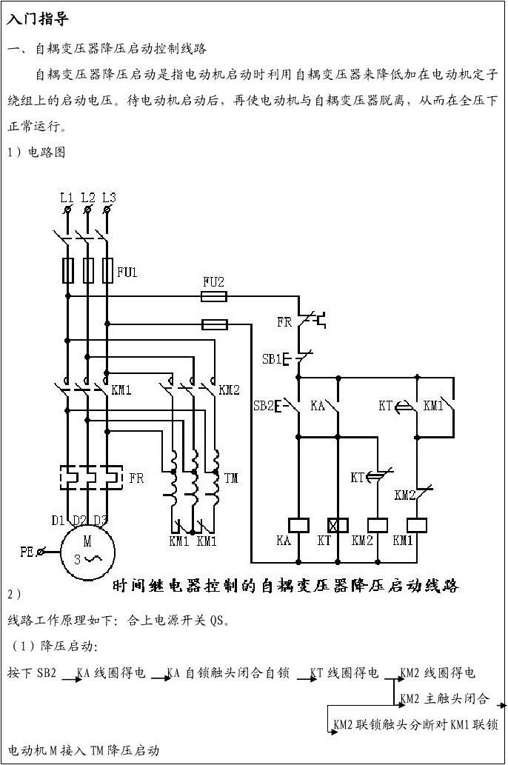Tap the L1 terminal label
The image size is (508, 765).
[67, 198]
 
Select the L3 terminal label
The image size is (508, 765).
[109, 198]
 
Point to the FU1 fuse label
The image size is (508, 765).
[127, 273]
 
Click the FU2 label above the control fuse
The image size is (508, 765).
[213, 281]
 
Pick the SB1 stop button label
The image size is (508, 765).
[272, 359]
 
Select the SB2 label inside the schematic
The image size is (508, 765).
[264, 406]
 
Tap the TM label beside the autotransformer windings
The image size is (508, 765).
[231, 478]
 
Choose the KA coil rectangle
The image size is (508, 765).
[298, 524]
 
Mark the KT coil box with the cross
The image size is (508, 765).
[338, 524]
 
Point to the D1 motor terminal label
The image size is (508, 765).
[58, 520]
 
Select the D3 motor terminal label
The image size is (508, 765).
[101, 520]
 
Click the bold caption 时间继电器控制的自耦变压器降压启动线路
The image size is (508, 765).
[285, 587]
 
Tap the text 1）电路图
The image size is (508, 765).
[36, 153]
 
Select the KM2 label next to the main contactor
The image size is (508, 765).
[229, 390]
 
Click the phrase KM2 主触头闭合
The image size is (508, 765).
[444, 698]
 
